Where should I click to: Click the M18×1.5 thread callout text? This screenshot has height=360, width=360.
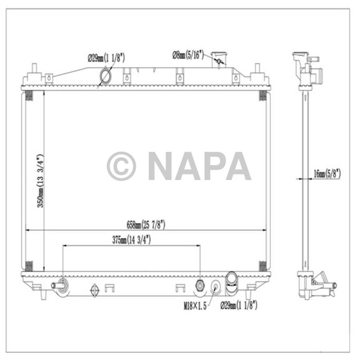pyautogui.click(x=195, y=306)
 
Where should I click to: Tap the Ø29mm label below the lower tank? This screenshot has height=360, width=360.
pyautogui.click(x=239, y=305)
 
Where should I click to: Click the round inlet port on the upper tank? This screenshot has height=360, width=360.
pyautogui.click(x=105, y=78)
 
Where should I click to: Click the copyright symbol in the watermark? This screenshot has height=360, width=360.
pyautogui.click(x=121, y=166)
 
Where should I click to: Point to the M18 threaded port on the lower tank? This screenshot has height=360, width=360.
pyautogui.click(x=201, y=284)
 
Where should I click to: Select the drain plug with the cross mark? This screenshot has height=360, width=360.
pyautogui.click(x=94, y=290)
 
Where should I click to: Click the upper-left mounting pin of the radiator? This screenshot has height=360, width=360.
pyautogui.click(x=34, y=69)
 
